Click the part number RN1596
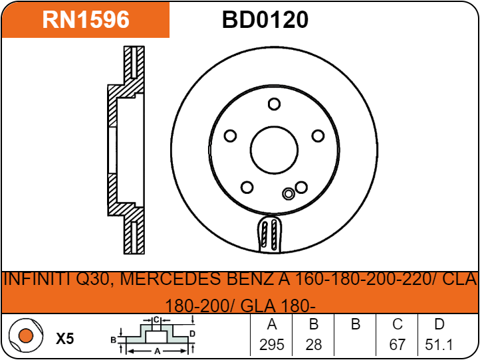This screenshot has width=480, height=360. coord(86,20)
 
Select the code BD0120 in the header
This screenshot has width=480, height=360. coord(265,20)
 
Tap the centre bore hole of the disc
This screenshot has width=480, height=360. coord(274,150)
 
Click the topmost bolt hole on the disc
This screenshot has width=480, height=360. coord(274,104)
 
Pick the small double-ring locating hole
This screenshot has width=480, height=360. coord(289,193)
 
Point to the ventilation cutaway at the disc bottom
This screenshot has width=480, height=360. coord(269,234)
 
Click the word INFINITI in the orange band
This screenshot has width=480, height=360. coord(39,279)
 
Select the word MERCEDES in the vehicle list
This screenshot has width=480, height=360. coord(171,279)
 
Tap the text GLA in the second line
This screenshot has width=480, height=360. coord(257,306)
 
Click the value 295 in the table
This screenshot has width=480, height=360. coord(271,345)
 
